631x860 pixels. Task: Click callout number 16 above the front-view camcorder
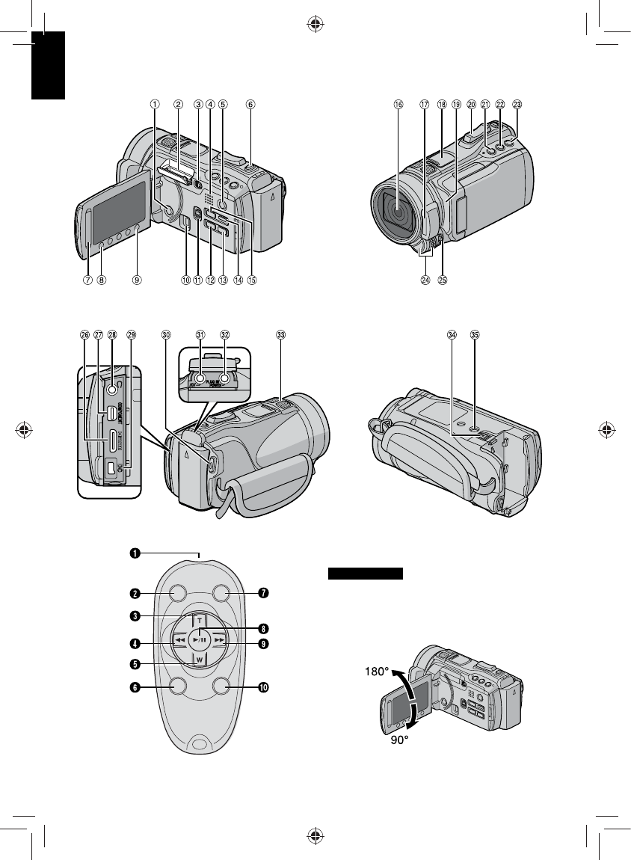tap(398, 105)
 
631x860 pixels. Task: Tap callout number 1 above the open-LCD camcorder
tap(155, 105)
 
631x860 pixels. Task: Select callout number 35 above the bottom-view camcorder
tap(475, 335)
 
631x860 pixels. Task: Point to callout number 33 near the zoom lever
tap(280, 335)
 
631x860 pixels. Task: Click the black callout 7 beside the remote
tap(262, 594)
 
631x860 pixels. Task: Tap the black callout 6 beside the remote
tap(135, 686)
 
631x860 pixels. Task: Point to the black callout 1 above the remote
tap(135, 553)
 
